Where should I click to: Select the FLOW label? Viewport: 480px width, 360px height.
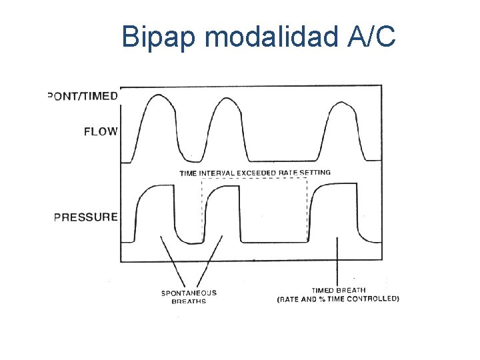100,131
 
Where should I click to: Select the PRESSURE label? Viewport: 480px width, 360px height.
86,217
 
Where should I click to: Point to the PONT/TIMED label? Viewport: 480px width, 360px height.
83,95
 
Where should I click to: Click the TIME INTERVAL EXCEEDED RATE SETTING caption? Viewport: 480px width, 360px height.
255,173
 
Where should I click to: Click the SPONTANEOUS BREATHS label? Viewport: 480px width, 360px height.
189,297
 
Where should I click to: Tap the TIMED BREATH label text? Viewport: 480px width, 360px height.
338,290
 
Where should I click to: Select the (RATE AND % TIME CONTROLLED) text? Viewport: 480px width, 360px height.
338,299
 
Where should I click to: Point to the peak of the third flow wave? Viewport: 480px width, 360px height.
341,103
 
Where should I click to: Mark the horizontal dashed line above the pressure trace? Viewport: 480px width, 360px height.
253,179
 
